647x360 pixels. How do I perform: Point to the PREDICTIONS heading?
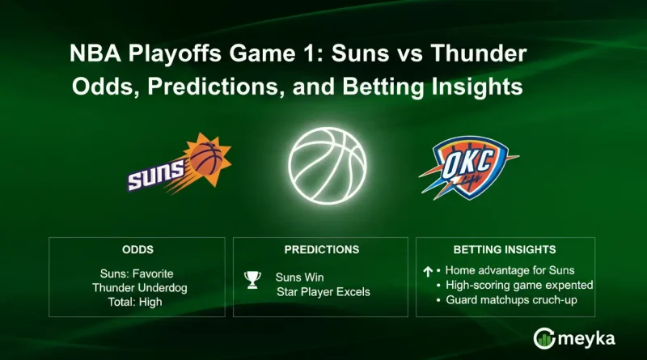pos(322,250)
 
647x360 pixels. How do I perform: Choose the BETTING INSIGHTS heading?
pos(505,250)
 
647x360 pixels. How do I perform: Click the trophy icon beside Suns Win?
pos(252,280)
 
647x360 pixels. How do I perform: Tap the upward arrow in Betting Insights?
pos(427,272)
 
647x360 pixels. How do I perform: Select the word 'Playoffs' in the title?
pos(165,56)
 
